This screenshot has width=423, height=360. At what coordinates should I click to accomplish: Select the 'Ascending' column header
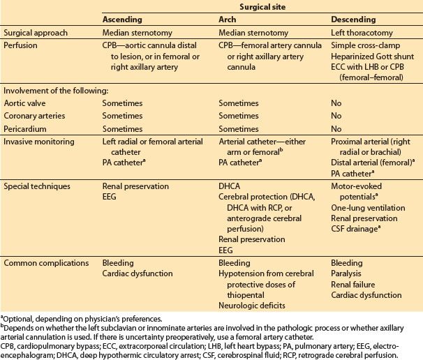tap(123, 19)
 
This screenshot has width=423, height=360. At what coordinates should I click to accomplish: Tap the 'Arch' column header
tap(228, 19)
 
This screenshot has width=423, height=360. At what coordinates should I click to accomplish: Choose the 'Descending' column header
tap(353, 19)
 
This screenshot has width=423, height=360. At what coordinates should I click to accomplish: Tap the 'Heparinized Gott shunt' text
tap(371, 56)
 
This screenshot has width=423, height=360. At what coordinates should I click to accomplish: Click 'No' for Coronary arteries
tap(336, 115)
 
